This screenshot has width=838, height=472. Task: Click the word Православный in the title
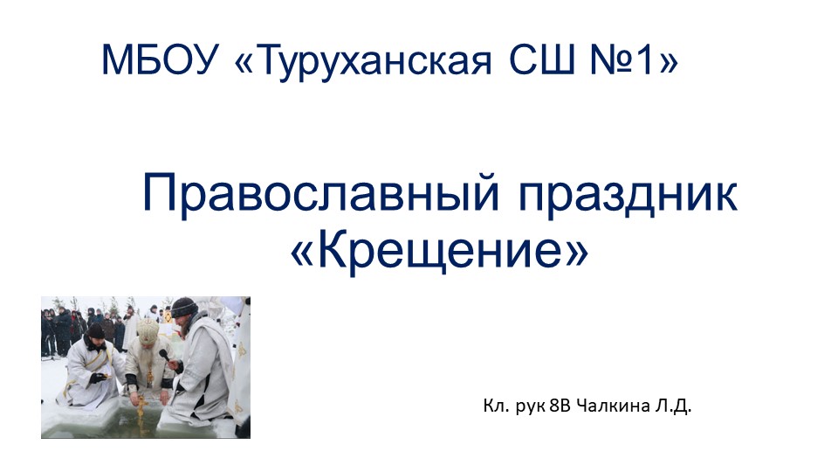coord(318,195)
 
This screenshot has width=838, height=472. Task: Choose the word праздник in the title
coord(628,195)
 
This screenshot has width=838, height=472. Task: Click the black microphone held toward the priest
coord(163,354)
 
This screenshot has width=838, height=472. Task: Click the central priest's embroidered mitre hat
coord(148,330)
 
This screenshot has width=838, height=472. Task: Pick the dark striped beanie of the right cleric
coord(183,308)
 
